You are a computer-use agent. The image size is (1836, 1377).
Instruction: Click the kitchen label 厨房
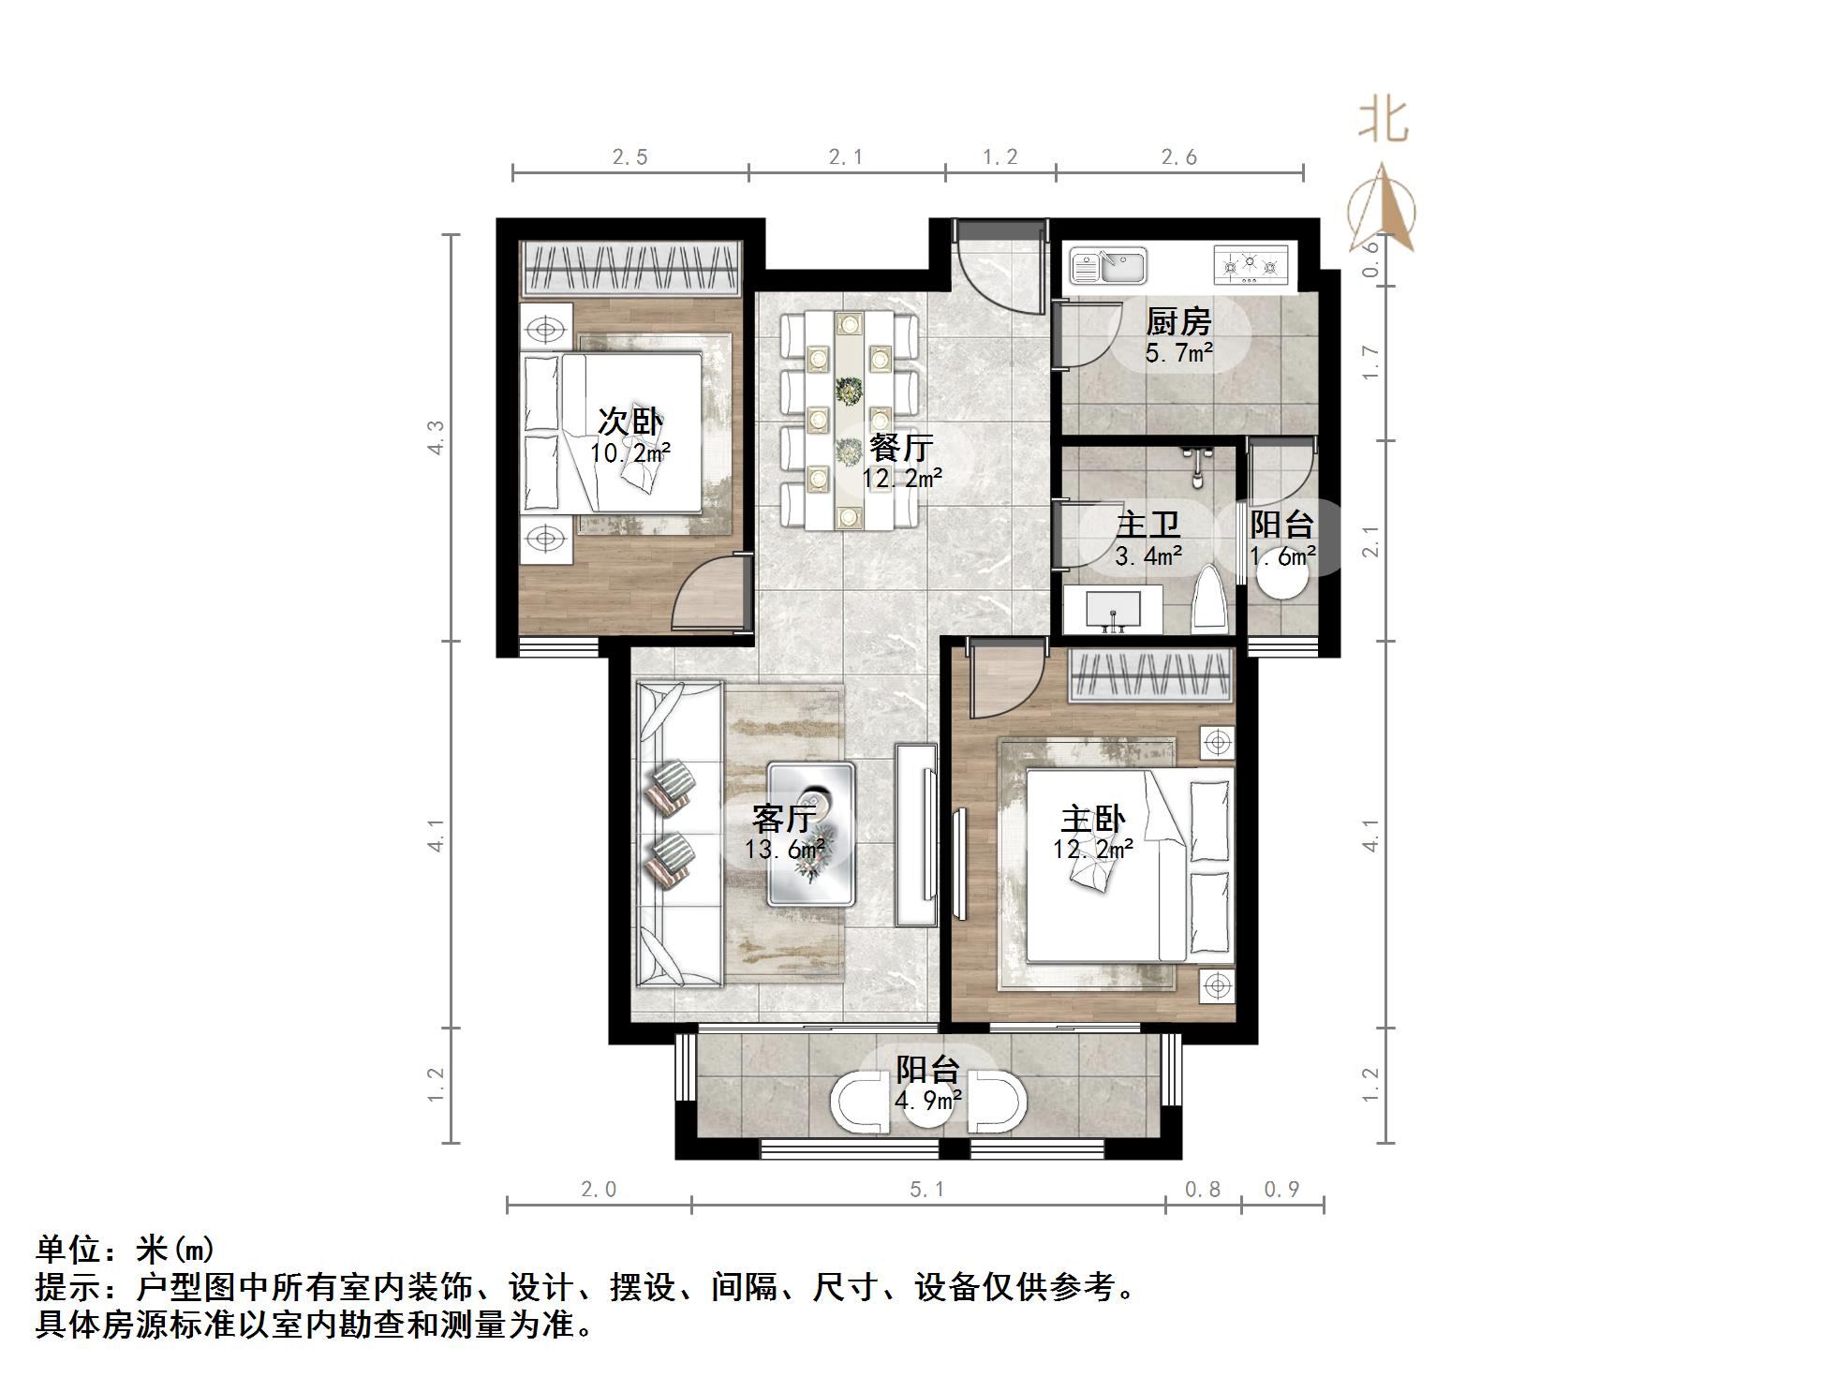(x=1178, y=322)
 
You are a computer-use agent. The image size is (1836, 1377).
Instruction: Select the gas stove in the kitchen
(x=1251, y=266)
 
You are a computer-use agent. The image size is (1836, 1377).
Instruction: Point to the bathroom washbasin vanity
(x=1113, y=610)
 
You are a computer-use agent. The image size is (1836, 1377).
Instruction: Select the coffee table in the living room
(x=811, y=833)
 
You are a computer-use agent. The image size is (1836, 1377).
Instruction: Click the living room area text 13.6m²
(x=785, y=850)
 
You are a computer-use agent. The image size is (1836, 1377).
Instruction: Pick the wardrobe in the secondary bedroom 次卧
(x=631, y=270)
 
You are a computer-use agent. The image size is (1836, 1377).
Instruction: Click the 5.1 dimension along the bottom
(x=927, y=1189)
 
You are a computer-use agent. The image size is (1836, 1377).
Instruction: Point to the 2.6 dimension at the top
(x=1179, y=157)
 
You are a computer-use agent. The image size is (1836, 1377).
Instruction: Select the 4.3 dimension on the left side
(x=436, y=437)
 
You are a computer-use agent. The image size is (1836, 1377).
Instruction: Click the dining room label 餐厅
(x=901, y=448)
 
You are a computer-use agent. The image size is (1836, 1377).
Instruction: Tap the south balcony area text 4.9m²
(x=927, y=1100)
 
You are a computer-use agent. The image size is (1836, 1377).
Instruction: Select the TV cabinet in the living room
(x=915, y=835)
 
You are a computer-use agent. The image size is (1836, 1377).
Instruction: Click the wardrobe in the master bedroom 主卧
(x=1149, y=675)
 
